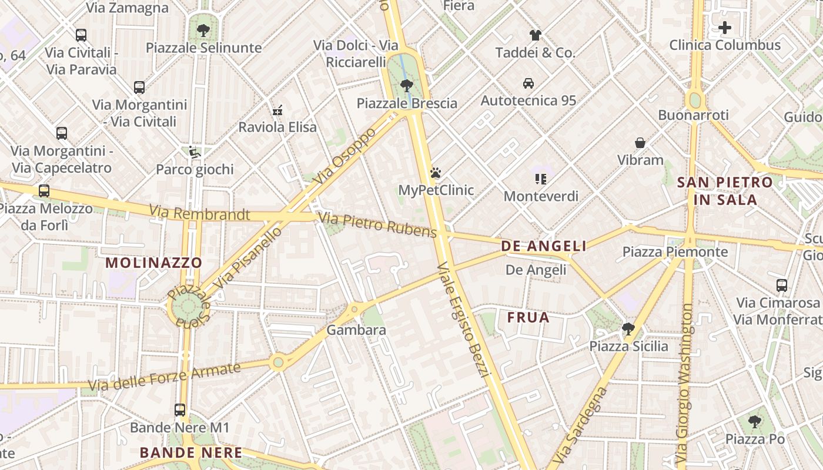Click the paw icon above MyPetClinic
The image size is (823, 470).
pos(435,173)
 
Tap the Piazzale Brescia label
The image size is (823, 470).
pos(407,103)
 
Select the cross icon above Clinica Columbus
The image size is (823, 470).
pos(725,28)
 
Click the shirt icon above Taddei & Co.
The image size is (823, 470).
pos(535,35)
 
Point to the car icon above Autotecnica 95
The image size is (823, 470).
pos(528,83)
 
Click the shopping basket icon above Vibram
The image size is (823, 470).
pos(640,143)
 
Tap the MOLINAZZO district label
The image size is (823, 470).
pos(153,263)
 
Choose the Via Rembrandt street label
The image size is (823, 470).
pos(199,213)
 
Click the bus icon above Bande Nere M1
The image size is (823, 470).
pos(180,410)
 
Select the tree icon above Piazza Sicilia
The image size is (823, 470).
pos(628,328)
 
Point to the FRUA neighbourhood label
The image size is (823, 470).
pos(528,318)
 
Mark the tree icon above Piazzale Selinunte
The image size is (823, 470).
pos(203,30)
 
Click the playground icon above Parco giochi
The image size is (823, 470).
pos(195,152)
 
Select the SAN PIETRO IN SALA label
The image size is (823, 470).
pos(725,191)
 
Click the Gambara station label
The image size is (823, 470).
pos(356,330)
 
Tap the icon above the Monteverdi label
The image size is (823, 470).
pos(541,179)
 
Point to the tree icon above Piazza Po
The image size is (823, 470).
pos(755,421)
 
